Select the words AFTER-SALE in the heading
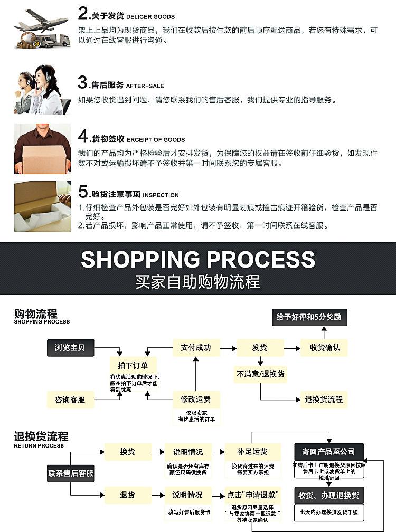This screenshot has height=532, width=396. click(145, 86)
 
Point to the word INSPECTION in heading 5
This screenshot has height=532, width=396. click(161, 195)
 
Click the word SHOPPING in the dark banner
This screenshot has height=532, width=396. click(140, 259)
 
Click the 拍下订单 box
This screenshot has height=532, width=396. click(129, 365)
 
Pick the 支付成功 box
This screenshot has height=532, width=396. click(195, 348)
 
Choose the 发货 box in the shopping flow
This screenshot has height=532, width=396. click(259, 348)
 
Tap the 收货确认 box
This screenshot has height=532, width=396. click(324, 348)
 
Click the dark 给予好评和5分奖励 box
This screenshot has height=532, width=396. click(309, 317)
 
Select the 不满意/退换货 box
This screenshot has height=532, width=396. click(260, 374)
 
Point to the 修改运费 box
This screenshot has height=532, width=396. click(196, 400)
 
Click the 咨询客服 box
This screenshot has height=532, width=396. click(70, 400)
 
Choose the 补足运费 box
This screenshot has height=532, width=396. click(252, 452)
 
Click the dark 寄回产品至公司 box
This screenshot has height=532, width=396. click(329, 452)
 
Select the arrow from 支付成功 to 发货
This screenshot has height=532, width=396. click(227, 348)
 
